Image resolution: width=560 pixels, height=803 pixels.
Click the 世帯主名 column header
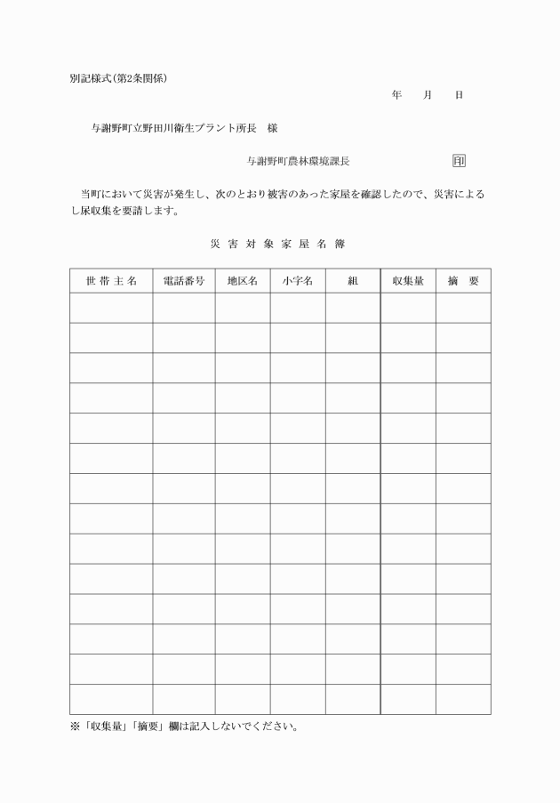tap(111, 281)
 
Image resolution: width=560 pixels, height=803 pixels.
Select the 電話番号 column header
tap(184, 281)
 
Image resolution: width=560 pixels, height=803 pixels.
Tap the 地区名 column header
tap(243, 281)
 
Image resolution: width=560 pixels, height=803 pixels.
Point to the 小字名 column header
tap(298, 281)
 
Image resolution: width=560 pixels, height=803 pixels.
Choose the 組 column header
tap(353, 281)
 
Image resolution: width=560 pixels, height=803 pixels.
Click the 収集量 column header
tap(408, 281)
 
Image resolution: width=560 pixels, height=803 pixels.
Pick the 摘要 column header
tap(463, 281)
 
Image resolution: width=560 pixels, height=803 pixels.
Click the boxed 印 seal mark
tap(459, 161)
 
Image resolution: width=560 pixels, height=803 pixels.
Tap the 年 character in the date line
tap(396, 94)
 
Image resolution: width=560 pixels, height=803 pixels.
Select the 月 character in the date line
tap(428, 94)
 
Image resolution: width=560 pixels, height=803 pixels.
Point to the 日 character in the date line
tap(459, 94)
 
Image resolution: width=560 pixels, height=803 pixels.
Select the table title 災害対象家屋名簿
tap(277, 242)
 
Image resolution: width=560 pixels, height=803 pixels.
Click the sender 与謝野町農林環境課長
tap(298, 162)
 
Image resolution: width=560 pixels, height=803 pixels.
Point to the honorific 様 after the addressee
tap(272, 128)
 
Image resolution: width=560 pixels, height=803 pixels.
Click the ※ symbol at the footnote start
tap(75, 727)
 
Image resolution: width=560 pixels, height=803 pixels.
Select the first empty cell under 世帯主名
tap(111, 308)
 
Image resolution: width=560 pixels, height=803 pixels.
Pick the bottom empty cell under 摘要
tap(463, 699)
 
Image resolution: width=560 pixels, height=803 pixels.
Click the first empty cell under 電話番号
tap(184, 308)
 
